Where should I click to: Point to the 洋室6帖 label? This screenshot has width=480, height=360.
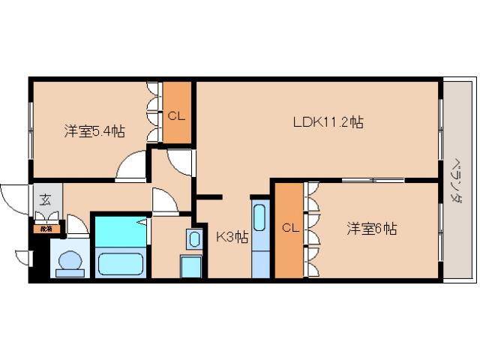(371, 229)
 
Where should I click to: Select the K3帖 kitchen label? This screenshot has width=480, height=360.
(232, 238)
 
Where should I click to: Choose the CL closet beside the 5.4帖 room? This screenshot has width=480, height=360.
(177, 115)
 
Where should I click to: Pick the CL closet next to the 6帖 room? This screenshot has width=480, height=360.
(288, 229)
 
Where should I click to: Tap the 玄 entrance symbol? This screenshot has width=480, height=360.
(45, 200)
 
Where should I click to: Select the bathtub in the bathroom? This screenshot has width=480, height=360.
(120, 264)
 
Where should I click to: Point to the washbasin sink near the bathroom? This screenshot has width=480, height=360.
(194, 239)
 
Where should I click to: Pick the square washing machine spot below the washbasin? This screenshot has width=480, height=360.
(190, 266)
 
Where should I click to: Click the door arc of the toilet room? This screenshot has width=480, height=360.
(77, 225)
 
